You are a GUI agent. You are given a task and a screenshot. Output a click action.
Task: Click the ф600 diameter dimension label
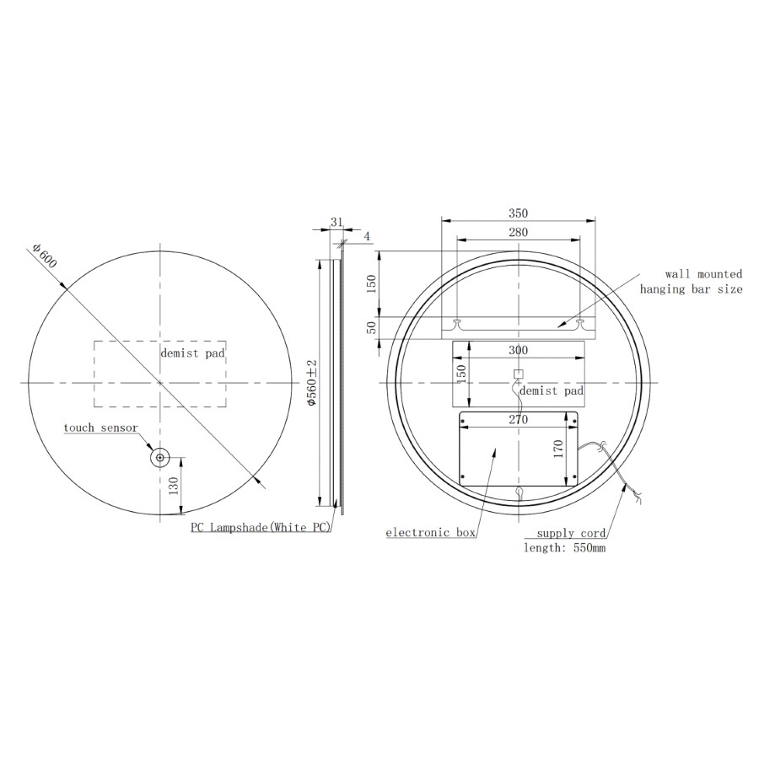45,255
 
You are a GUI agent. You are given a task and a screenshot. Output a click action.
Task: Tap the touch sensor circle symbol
159,457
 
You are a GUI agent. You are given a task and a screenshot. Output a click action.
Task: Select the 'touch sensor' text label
100,428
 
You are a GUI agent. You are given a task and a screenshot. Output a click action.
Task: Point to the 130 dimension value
174,486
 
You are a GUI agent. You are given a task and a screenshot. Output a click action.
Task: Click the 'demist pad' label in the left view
192,353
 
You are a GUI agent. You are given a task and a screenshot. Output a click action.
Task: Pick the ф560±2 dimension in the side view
312,382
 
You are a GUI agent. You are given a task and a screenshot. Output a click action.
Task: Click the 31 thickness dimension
336,222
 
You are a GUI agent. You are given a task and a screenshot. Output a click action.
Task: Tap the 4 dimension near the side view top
367,236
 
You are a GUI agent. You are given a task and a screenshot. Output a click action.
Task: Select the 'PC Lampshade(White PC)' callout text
261,527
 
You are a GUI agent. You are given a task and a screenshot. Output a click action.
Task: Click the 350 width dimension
518,213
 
